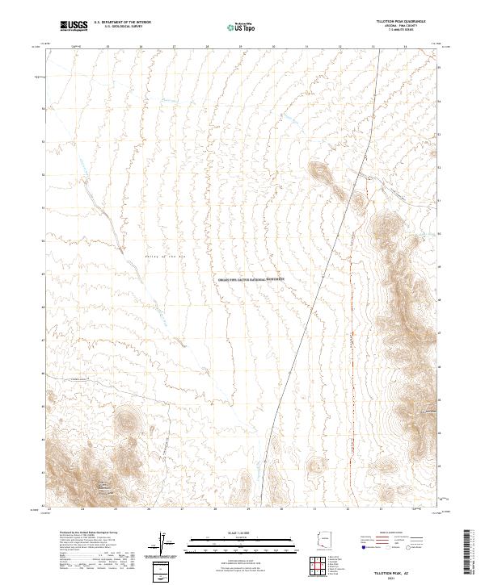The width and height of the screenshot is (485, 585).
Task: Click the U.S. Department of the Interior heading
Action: (x=121, y=23)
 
